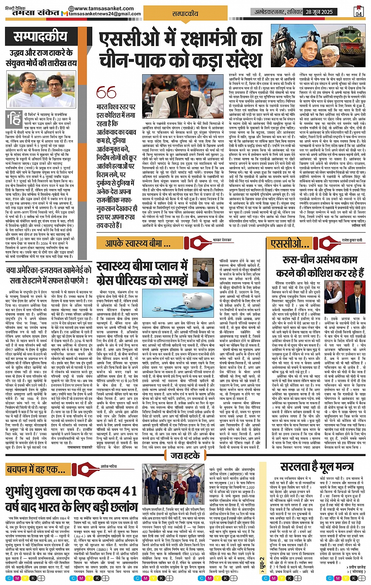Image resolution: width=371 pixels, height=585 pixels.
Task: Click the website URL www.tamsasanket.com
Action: click(x=104, y=8)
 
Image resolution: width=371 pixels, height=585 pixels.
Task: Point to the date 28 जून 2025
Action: click(x=319, y=12)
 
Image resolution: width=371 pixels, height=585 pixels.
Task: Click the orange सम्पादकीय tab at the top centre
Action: click(x=185, y=13)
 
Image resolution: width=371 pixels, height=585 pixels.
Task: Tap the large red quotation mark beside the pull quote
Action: click(x=106, y=93)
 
